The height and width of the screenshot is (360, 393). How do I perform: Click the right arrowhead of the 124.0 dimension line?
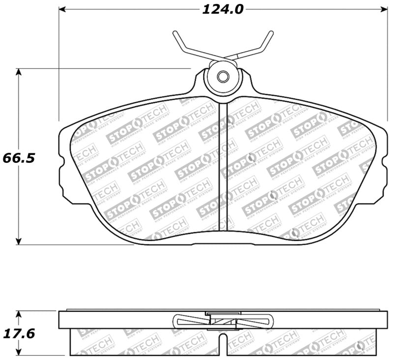(x=385, y=9)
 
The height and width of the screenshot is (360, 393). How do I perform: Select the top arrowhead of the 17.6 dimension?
(x=19, y=313)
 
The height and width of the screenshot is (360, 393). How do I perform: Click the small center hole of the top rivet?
(x=223, y=77)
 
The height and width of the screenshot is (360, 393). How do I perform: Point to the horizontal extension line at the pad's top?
(x=123, y=68)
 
